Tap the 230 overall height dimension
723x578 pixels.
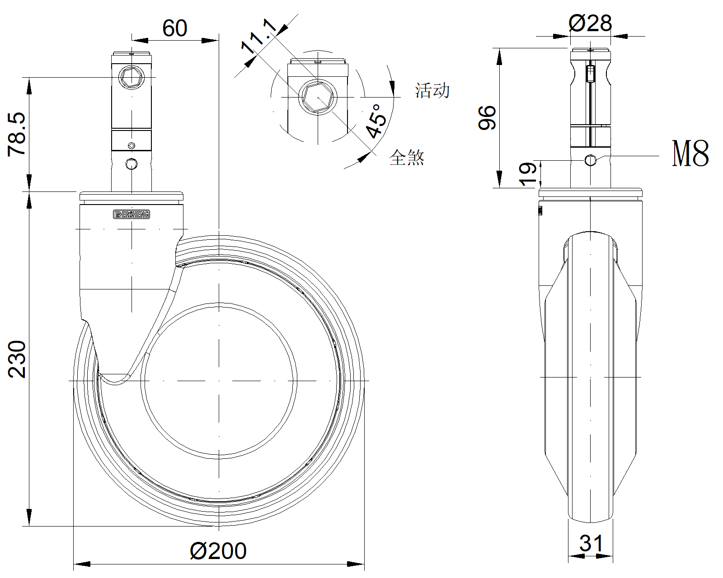pos(17,359)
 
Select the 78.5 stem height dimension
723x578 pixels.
pos(17,135)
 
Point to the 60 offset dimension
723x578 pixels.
pos(175,28)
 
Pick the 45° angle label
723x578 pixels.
pos(376,121)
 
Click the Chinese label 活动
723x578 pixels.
pos(432,91)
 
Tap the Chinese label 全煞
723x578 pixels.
pos(407,157)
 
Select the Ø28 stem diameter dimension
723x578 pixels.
pos(590,23)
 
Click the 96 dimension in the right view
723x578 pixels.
pos(487,117)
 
